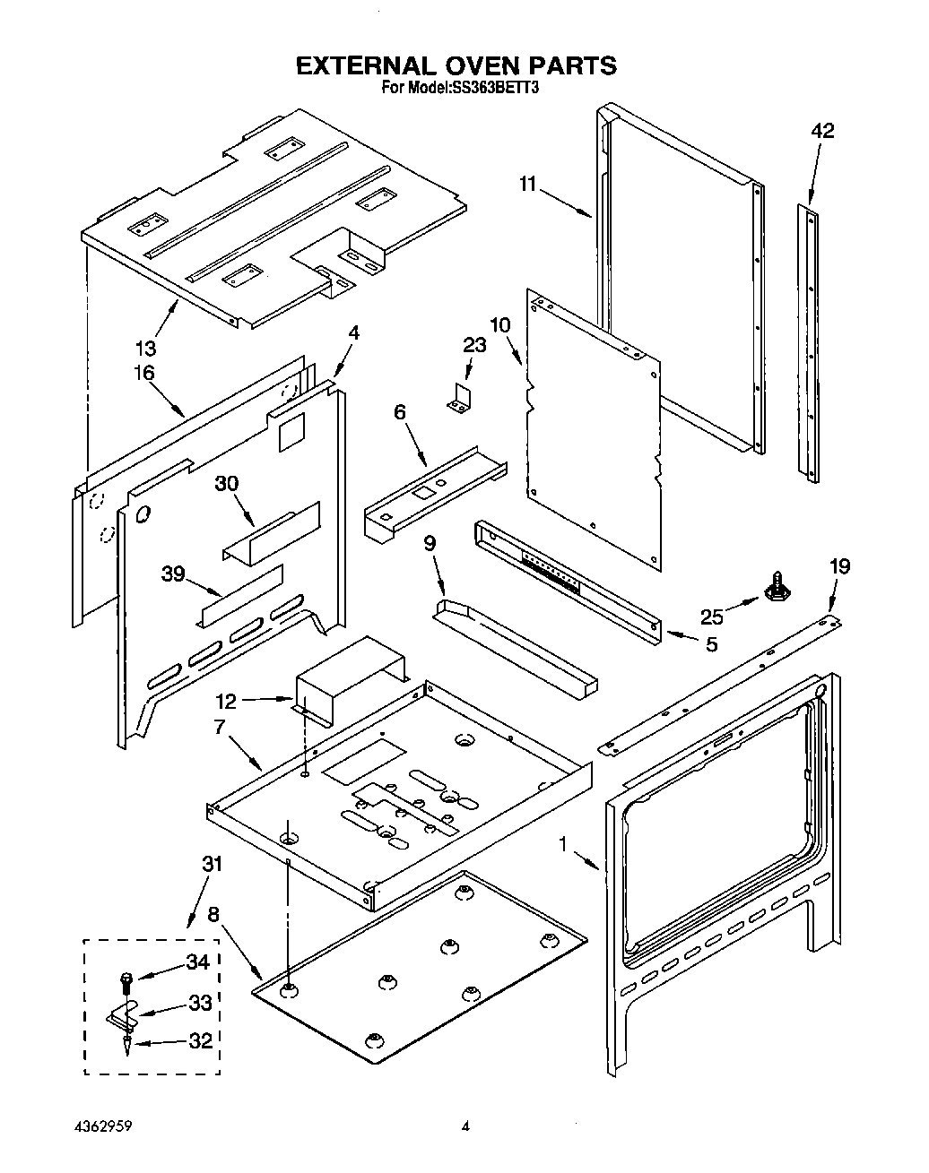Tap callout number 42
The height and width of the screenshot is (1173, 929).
tap(822, 131)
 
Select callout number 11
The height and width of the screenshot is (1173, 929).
tap(527, 184)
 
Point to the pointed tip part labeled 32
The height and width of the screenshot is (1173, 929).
tap(126, 1046)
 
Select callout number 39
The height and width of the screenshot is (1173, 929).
tap(173, 574)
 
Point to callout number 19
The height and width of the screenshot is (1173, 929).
tap(839, 566)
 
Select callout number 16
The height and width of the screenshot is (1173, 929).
tap(144, 373)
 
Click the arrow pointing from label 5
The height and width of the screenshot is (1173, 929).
tap(682, 636)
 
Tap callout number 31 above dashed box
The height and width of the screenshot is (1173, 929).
tap(212, 864)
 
